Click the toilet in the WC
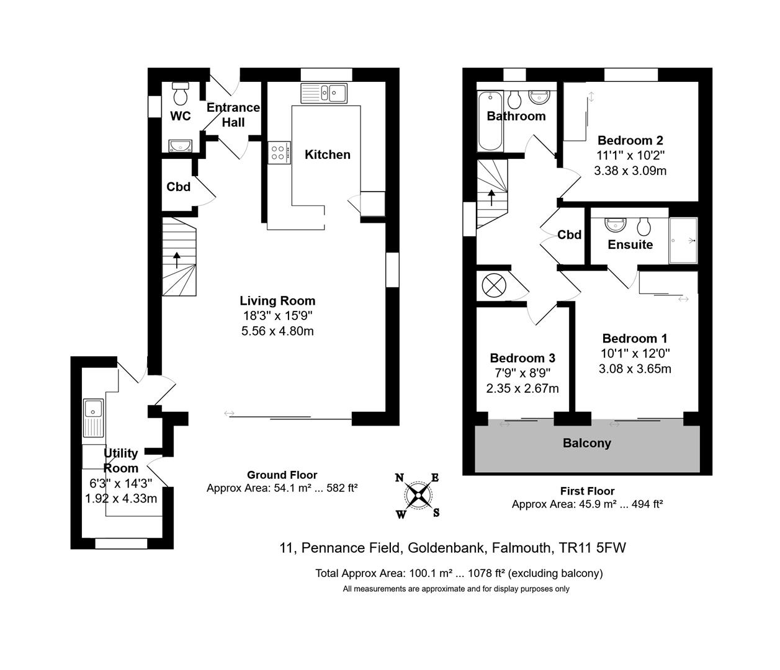click(x=181, y=94)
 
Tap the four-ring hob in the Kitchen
click(x=279, y=153)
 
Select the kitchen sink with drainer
click(x=324, y=93)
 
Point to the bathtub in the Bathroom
click(x=490, y=121)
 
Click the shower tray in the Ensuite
click(x=683, y=240)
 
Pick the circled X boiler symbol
click(x=494, y=285)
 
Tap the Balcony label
click(x=587, y=443)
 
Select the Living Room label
click(x=277, y=301)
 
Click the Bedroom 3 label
click(x=522, y=357)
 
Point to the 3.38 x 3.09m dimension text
click(x=630, y=171)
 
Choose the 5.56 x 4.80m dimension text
click(x=277, y=331)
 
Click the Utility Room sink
click(x=93, y=418)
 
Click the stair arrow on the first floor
click(x=491, y=198)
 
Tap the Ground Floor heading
click(x=282, y=475)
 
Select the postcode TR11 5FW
click(x=593, y=548)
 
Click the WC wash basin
click(x=181, y=145)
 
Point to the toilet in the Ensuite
click(x=644, y=226)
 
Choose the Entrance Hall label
click(x=233, y=115)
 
